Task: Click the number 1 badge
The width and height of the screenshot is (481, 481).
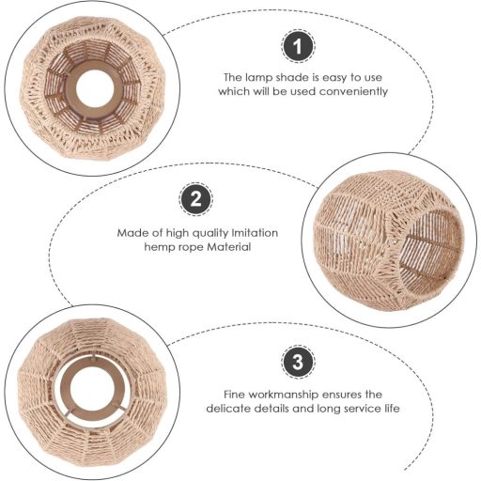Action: pos(298,46)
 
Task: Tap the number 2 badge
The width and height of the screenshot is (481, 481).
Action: pos(195,199)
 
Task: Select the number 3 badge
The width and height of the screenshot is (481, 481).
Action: pos(298,362)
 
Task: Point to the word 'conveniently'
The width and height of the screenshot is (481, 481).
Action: pos(353,92)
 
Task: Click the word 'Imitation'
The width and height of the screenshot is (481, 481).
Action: pos(255,233)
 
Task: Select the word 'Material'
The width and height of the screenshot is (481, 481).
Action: pos(229,247)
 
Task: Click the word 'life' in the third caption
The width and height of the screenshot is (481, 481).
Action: pos(392,409)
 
